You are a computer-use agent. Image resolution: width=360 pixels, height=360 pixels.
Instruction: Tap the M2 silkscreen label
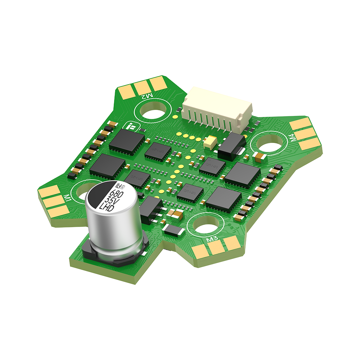(147, 96)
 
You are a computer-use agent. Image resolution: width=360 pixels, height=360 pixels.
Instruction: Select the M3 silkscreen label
(212, 239)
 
